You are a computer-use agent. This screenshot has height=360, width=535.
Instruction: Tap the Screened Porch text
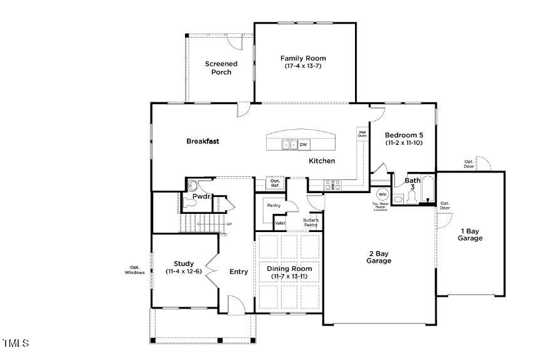tap(221, 68)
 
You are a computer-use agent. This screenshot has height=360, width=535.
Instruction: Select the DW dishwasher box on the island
tap(303, 145)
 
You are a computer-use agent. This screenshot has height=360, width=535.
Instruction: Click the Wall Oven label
tap(362, 134)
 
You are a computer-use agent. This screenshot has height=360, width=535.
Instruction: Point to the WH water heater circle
tap(381, 193)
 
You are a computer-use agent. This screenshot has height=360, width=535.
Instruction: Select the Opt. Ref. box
tap(275, 184)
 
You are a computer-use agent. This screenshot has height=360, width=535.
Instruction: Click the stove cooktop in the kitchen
tap(332, 184)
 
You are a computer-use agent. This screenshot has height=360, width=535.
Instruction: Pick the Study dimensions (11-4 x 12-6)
tap(184, 272)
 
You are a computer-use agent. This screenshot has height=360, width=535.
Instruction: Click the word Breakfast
tap(203, 141)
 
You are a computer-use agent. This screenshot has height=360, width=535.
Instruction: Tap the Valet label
tap(280, 223)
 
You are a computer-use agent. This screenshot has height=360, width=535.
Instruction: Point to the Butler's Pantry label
tap(311, 222)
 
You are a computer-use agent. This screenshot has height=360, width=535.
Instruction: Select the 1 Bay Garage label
tap(470, 234)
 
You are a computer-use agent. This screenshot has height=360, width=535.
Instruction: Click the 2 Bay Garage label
tap(379, 257)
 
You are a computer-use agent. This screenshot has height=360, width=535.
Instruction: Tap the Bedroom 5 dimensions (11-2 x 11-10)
tap(405, 143)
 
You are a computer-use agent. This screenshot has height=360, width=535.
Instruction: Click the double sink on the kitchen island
tap(289, 145)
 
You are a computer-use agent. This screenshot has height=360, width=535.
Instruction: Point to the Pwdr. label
tap(201, 196)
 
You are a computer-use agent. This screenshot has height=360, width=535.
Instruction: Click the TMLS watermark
tap(16, 343)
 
